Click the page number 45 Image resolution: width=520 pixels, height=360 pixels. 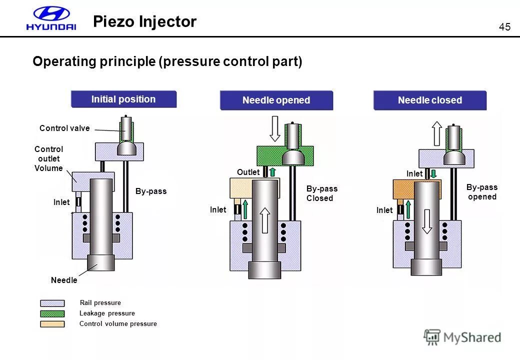504,27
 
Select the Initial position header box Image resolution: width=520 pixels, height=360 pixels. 123,99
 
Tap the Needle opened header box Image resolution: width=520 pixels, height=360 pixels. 276,100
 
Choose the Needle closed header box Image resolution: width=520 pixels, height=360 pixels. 429,100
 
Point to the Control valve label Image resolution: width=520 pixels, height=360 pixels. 64,128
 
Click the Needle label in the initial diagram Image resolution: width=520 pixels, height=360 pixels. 64,280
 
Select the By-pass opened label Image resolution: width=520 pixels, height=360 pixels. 482,192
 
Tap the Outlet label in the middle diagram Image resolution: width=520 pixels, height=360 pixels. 248,172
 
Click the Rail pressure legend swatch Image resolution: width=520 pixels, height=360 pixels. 52,303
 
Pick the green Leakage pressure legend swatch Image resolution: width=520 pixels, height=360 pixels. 52,313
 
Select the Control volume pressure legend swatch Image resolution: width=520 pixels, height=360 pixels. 52,324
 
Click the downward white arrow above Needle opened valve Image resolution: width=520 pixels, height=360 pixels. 275,129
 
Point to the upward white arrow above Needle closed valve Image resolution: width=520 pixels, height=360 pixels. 436,133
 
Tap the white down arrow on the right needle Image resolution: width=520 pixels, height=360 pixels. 426,221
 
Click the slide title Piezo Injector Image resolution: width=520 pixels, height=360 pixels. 145,21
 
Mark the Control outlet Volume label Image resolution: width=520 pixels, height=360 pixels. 48,158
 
